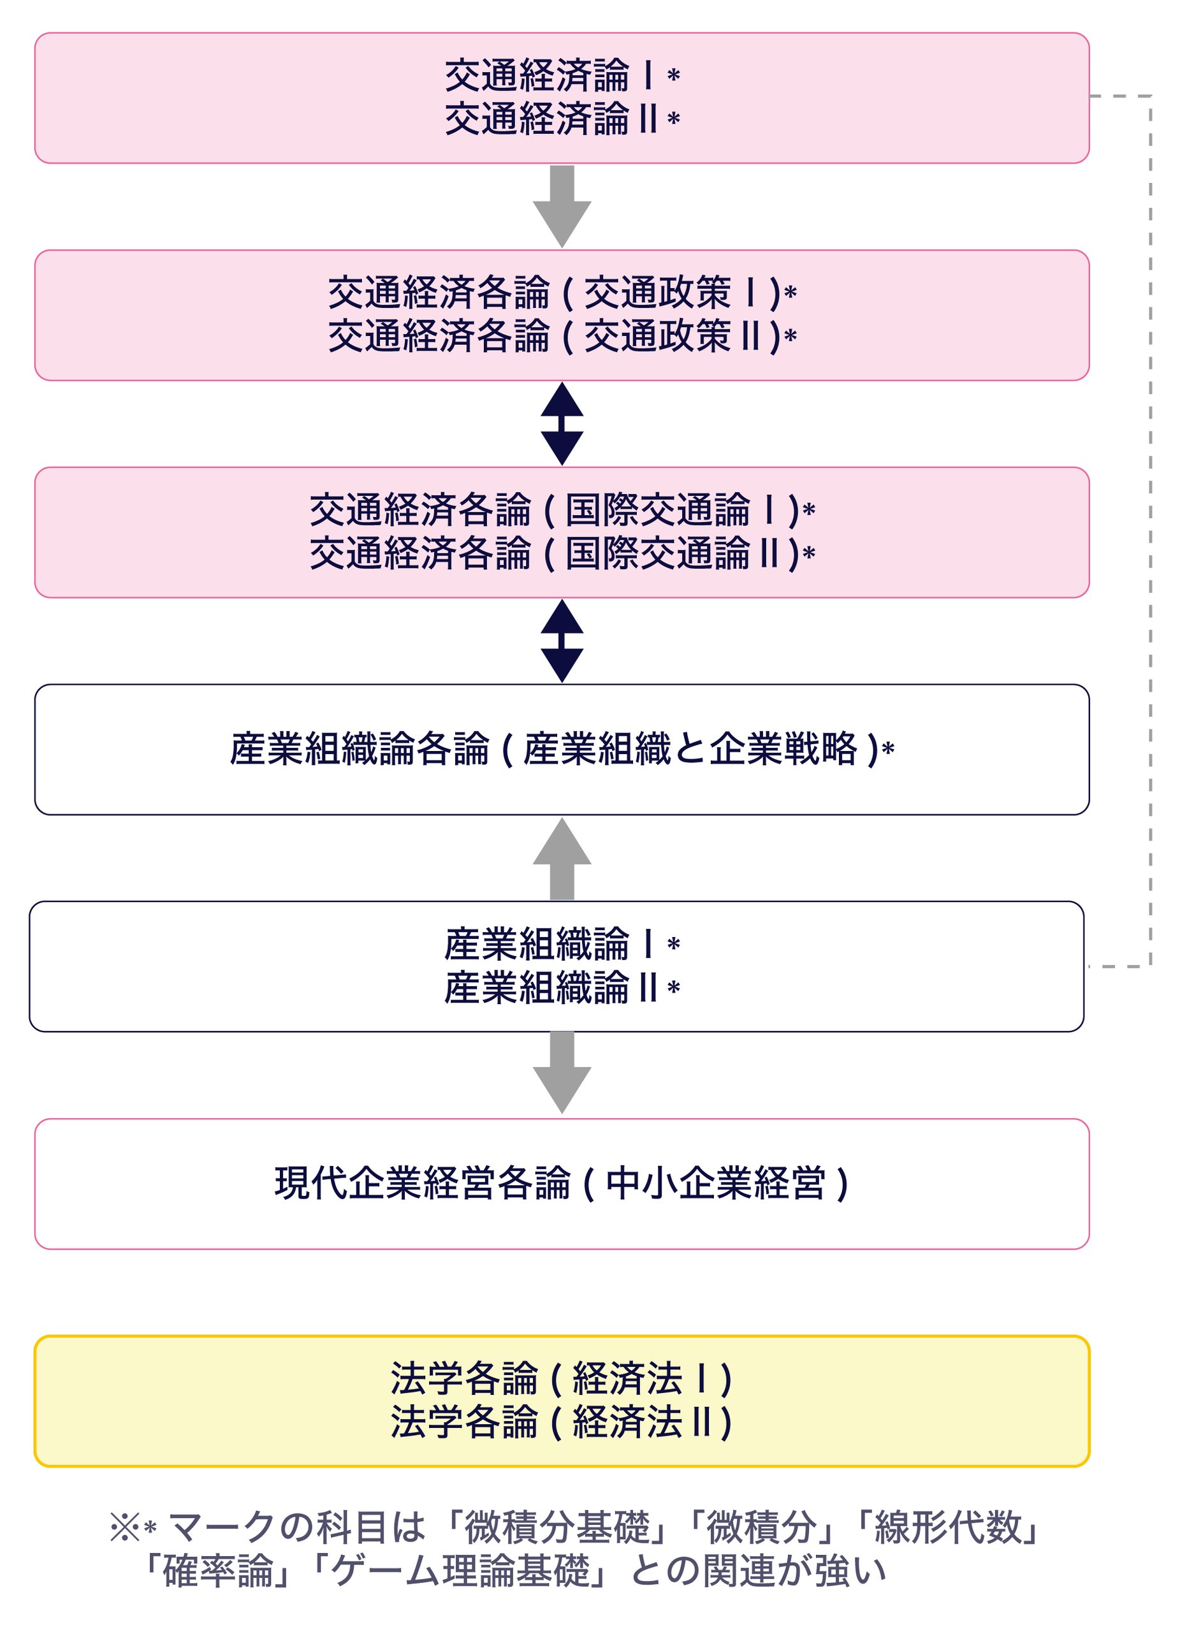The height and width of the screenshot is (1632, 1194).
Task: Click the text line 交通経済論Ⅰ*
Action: click(x=562, y=76)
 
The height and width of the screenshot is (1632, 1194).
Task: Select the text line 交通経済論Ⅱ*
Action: click(x=562, y=119)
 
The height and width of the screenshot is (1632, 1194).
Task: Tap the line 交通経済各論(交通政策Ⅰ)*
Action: click(x=562, y=293)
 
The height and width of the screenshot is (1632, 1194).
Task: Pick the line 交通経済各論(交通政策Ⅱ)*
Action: click(x=562, y=337)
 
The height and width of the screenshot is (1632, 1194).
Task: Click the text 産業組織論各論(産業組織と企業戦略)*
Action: click(x=562, y=750)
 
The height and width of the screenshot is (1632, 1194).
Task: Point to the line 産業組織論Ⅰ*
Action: click(x=562, y=945)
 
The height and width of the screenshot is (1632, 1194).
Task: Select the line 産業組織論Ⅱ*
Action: click(x=562, y=988)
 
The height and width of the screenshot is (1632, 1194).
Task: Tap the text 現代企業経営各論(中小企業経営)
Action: click(x=562, y=1184)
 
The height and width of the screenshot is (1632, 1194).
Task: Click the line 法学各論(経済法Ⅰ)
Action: click(x=562, y=1379)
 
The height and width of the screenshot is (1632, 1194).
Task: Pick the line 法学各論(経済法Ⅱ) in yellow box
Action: click(x=562, y=1422)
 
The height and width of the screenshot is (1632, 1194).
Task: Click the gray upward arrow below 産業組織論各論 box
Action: click(x=562, y=859)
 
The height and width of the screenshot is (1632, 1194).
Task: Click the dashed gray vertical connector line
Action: click(x=1150, y=531)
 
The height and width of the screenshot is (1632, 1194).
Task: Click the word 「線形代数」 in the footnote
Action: click(x=947, y=1528)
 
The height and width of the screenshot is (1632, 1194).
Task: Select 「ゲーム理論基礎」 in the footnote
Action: click(x=461, y=1571)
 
